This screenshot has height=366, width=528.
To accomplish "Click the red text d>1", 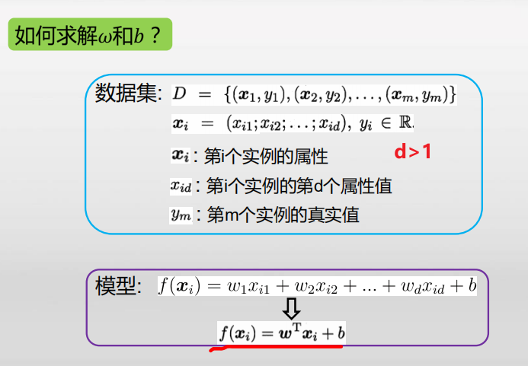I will tap(413, 153).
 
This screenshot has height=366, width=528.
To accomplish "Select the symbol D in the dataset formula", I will tap(179, 94).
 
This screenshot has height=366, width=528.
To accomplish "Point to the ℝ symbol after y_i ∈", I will tap(406, 123).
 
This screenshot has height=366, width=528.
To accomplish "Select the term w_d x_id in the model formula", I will tap(420, 287).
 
